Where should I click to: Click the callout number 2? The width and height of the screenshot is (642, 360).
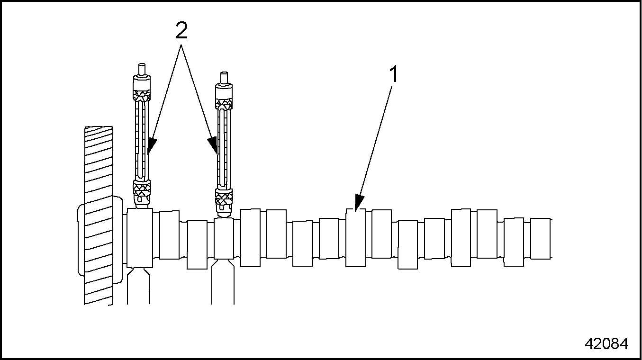click(181, 30)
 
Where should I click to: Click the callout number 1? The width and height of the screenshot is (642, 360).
click(394, 74)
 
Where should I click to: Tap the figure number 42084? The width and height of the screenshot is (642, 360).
click(606, 343)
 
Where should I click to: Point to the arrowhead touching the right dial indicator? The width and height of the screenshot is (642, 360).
click(213, 145)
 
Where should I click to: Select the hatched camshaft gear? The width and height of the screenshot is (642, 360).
click(98, 215)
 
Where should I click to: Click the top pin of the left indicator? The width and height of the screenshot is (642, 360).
click(141, 69)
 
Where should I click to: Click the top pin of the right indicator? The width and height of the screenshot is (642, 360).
click(224, 78)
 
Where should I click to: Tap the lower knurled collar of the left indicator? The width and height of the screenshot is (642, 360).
click(142, 190)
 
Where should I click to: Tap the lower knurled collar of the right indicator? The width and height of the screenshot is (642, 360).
click(224, 198)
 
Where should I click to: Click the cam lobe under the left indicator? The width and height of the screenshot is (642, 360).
click(140, 238)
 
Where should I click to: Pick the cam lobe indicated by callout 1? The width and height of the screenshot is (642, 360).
click(356, 237)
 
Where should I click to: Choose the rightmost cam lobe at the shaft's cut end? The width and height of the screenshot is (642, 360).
click(541, 238)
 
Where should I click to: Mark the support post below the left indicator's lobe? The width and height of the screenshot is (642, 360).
click(138, 286)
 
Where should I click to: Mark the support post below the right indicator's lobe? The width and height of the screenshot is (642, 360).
click(223, 281)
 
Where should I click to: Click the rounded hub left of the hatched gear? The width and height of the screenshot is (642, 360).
click(81, 240)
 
